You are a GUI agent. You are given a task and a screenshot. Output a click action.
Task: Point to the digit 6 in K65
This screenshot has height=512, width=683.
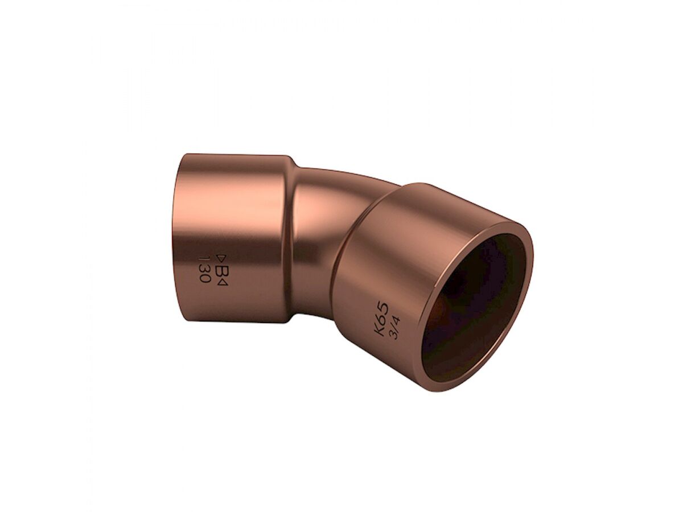pos(380,321)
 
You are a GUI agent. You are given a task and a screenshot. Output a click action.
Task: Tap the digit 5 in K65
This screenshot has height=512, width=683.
pos(383,310)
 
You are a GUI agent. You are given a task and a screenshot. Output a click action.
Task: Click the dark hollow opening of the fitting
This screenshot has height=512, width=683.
pos(475,307)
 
